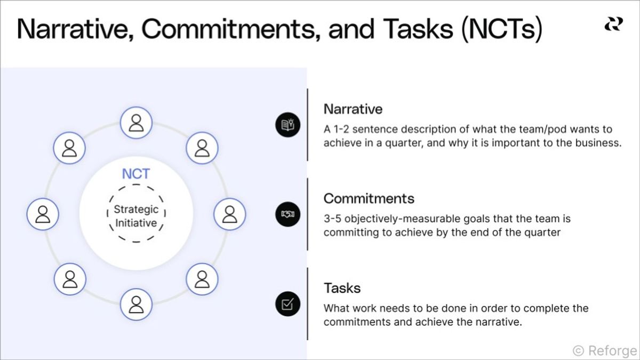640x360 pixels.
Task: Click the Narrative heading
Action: tap(353, 109)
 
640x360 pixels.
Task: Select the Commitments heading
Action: tap(369, 198)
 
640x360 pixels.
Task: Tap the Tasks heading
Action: tap(342, 288)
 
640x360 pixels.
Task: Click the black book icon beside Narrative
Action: tap(287, 125)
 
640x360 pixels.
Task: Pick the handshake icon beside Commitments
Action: tap(287, 214)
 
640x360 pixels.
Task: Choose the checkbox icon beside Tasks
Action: tap(287, 304)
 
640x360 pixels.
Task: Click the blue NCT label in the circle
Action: tap(136, 173)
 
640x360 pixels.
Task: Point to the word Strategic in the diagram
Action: tap(136, 210)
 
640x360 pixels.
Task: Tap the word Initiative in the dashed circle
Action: tap(136, 223)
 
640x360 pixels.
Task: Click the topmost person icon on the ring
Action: tap(137, 123)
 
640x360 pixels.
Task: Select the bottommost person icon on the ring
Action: tap(137, 304)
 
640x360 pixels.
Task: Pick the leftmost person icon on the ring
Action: tap(43, 214)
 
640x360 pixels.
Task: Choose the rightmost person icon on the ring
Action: tap(229, 214)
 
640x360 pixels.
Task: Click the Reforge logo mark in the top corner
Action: tap(613, 24)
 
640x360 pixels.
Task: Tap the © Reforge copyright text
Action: tap(604, 350)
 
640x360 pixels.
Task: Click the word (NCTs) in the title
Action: tap(501, 29)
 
